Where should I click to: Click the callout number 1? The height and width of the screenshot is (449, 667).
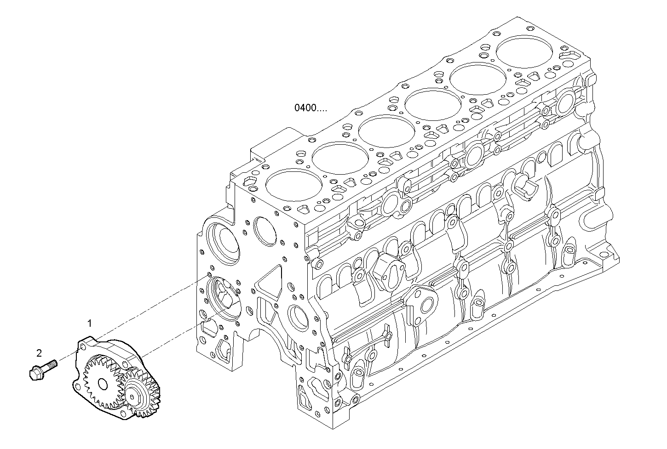pos(90,323)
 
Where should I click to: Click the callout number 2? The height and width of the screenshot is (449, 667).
pos(39,353)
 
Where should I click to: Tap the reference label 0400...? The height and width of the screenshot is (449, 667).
pos(311,108)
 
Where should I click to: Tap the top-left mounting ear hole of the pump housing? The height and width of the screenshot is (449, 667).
pos(83,345)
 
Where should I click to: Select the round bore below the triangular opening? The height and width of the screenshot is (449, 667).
pos(297,317)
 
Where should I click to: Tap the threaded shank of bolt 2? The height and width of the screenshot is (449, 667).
pos(51,364)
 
